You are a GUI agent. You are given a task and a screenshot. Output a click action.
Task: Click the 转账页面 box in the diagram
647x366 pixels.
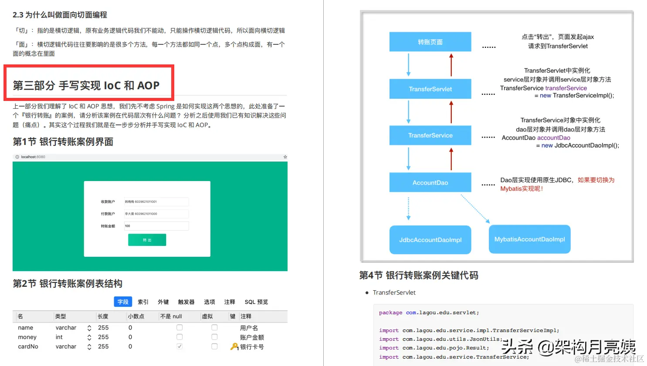(x=430, y=42)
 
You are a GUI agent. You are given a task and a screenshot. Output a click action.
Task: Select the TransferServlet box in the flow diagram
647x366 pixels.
(x=430, y=89)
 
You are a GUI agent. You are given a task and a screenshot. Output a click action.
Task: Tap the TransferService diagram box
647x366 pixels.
(x=430, y=135)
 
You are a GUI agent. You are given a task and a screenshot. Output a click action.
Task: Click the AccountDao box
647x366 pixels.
(x=430, y=182)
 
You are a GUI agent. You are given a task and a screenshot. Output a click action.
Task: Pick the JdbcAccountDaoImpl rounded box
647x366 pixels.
(x=430, y=240)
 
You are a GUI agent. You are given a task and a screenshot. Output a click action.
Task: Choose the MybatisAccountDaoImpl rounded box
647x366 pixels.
(x=529, y=239)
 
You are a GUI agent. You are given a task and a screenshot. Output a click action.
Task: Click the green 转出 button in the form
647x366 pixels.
(x=147, y=240)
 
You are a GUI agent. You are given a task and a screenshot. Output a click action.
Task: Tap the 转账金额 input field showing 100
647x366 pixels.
(x=156, y=226)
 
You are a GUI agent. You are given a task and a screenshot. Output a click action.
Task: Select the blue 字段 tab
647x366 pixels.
(x=123, y=302)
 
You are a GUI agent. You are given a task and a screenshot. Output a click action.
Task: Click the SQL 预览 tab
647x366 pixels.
(x=256, y=302)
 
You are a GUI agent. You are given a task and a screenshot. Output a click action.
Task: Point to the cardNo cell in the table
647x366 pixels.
(x=28, y=346)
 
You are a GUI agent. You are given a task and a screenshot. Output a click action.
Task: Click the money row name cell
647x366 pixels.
(x=27, y=337)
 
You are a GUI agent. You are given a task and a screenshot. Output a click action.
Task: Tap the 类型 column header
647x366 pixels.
(x=61, y=316)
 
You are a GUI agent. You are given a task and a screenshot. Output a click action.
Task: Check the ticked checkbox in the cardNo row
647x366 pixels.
(x=180, y=346)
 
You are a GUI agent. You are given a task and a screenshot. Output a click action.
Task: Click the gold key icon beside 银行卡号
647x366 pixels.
(x=234, y=346)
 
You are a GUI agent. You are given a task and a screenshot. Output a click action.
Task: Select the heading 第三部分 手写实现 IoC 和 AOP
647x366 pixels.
(x=86, y=85)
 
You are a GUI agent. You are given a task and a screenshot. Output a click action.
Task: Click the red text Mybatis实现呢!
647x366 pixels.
(x=522, y=189)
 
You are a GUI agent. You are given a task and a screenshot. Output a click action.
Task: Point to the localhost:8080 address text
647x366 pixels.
(x=33, y=157)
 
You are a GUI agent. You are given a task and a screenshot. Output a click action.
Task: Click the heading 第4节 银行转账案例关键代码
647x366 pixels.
(x=419, y=275)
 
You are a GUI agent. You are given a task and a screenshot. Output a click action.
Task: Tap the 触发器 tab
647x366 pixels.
(x=186, y=302)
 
